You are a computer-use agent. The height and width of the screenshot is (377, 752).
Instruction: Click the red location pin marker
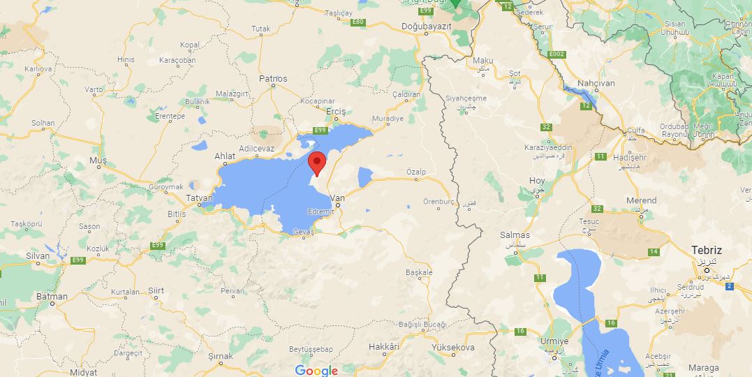click(x=317, y=163)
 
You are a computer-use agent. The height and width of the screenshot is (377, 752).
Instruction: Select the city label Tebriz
click(x=706, y=250)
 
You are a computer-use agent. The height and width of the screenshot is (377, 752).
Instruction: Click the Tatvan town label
click(x=199, y=198)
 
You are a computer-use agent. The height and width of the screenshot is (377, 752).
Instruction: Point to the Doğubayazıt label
click(x=427, y=26)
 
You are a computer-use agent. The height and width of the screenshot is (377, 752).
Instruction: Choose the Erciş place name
click(x=336, y=112)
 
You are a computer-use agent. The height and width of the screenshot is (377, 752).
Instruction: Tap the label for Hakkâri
click(x=383, y=346)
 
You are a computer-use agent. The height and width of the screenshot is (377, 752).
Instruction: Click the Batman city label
click(x=52, y=296)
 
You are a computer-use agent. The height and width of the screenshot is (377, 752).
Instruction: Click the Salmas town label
click(x=515, y=235)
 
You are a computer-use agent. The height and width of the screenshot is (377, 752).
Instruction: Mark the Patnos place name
click(x=273, y=79)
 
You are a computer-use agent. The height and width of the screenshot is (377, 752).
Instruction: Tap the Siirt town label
click(x=156, y=290)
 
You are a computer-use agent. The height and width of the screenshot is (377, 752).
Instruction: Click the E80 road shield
click(x=358, y=22)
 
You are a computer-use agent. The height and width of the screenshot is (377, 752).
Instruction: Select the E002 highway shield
click(x=556, y=54)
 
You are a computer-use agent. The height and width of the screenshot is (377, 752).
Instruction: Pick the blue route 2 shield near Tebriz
click(x=730, y=286)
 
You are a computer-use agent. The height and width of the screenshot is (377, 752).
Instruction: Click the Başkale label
click(x=419, y=272)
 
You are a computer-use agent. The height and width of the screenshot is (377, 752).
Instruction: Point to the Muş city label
click(x=98, y=161)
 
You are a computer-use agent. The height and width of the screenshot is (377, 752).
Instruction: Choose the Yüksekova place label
click(x=453, y=347)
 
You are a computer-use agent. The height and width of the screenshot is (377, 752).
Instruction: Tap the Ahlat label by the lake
click(x=225, y=156)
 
